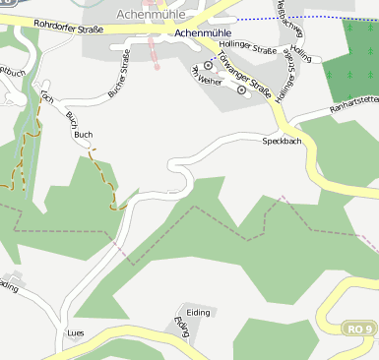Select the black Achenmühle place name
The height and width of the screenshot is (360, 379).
[x=200, y=31]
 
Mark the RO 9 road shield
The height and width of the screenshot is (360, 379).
[x=360, y=328]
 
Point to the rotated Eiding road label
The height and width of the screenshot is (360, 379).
[x=180, y=327]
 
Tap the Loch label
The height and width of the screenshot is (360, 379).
[x=46, y=98]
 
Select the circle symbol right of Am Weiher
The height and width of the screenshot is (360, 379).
[x=242, y=90]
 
